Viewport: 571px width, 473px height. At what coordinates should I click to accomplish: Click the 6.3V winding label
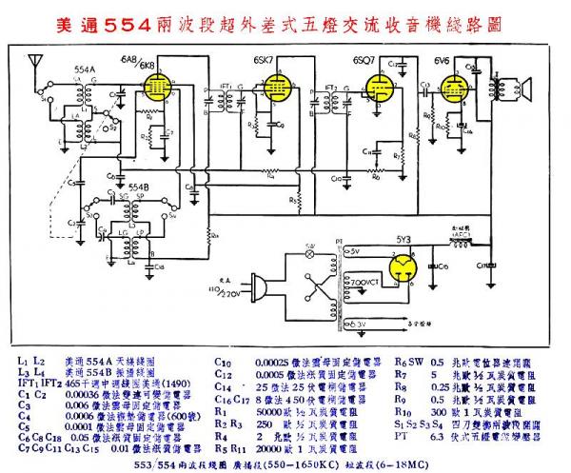click(x=353, y=325)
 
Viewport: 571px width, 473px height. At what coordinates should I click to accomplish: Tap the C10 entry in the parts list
click(x=222, y=362)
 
